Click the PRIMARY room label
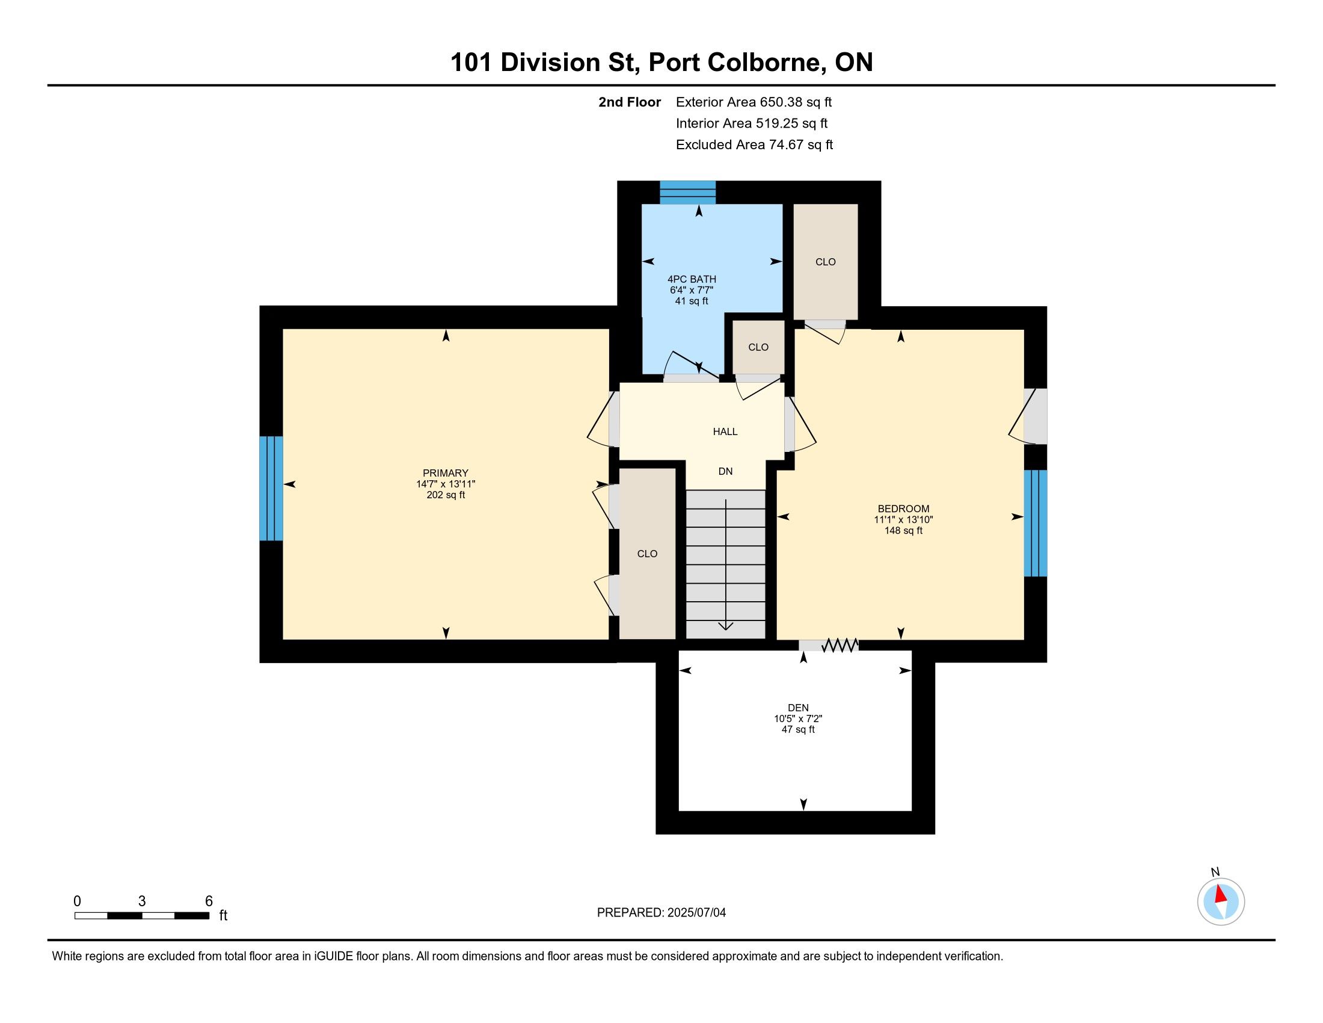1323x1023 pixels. tap(445, 474)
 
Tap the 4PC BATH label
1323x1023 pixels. tap(692, 279)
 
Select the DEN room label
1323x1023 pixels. tap(798, 708)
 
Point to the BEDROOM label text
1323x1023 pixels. tap(903, 509)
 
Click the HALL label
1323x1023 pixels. tap(725, 431)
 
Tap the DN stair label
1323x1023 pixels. tap(725, 472)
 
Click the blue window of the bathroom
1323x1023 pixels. tap(687, 193)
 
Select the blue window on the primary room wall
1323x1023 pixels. tap(271, 489)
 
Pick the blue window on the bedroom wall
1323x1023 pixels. tap(1036, 524)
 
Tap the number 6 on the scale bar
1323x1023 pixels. tap(209, 901)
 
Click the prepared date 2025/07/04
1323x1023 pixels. tap(696, 913)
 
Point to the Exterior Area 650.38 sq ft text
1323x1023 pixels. tap(754, 102)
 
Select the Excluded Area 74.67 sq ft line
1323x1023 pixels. tap(754, 145)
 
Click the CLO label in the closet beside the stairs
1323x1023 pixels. tap(647, 554)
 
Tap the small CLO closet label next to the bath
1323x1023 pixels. tap(758, 347)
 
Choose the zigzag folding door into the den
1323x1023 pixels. tap(840, 646)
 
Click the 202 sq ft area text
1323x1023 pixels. tap(446, 495)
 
